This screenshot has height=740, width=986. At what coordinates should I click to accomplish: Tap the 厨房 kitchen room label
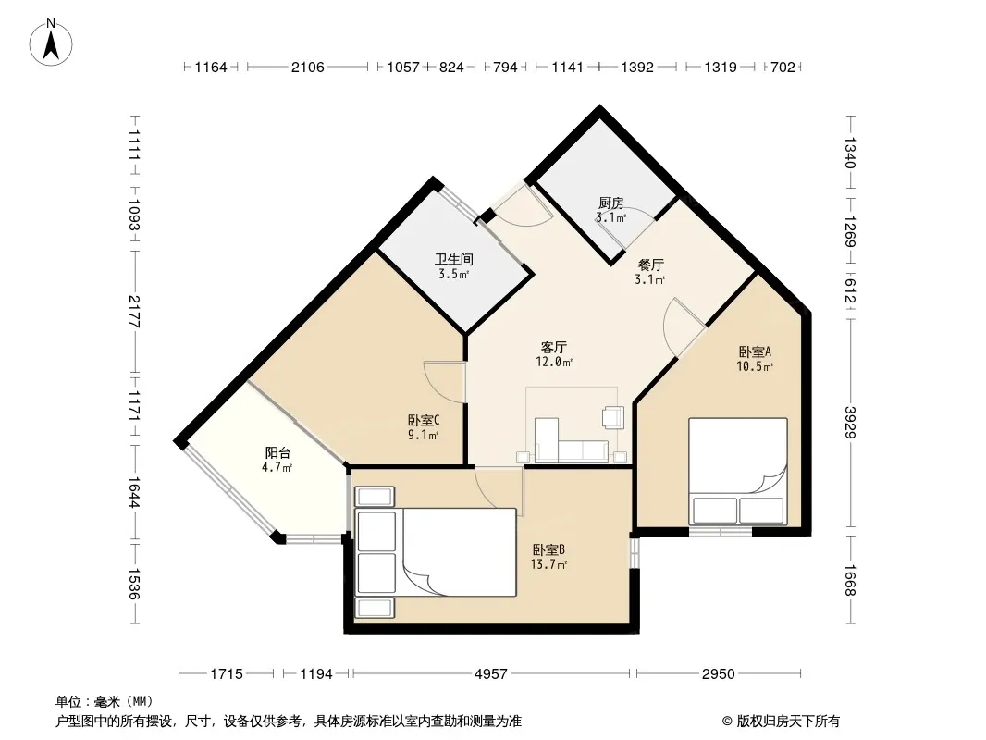click(611, 203)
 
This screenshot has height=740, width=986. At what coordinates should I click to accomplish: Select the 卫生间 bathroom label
click(454, 260)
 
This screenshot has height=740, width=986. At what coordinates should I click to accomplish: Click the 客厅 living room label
click(554, 348)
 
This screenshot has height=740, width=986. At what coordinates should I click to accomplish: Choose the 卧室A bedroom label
click(755, 352)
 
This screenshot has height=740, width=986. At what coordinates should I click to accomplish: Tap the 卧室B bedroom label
click(549, 550)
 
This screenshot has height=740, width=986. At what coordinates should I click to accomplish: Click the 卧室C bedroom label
click(424, 420)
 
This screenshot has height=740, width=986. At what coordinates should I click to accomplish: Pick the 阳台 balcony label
click(277, 452)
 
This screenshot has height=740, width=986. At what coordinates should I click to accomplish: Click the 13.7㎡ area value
click(549, 564)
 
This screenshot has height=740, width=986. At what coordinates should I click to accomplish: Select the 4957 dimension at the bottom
click(490, 674)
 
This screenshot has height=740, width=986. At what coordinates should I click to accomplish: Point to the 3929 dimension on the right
click(850, 422)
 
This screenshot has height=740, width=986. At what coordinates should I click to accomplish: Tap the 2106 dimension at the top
click(307, 67)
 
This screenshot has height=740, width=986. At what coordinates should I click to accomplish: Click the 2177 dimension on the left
click(133, 311)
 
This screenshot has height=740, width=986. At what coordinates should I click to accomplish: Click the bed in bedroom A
click(737, 472)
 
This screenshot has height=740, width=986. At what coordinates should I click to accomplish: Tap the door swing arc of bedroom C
click(434, 380)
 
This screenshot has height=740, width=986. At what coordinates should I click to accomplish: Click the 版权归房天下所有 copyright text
click(781, 721)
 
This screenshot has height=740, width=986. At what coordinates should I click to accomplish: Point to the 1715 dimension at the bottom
click(227, 674)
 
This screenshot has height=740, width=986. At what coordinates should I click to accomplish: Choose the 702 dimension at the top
click(783, 67)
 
